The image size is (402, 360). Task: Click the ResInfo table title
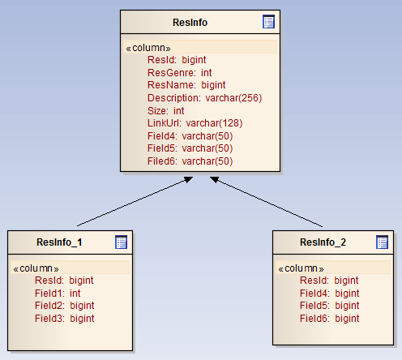pos(190,23)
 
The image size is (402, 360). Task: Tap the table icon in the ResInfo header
pos(268,22)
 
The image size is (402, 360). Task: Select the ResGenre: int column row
pos(180,73)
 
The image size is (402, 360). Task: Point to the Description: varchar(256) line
pos(205,98)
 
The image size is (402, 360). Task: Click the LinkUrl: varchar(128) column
pos(195,123)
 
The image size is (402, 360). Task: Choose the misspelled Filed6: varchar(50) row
pos(190,161)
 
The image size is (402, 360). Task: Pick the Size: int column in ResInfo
pos(166,111)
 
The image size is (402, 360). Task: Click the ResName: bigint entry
pos(186,85)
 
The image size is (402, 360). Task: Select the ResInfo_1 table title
pos(59,242)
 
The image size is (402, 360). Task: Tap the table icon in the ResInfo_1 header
pos(121,242)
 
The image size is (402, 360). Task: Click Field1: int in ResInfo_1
pos(58,294)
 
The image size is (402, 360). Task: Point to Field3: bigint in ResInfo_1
pos(65,319)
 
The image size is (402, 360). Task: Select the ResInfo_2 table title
pos(323,242)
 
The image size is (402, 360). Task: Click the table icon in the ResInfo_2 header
pos(382,242)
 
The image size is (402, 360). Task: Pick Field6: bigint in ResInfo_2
pos(330,319)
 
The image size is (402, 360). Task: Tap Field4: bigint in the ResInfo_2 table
pos(330,294)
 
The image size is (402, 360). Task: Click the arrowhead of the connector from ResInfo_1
pos(189,179)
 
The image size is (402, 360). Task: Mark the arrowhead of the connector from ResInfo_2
pos(215,179)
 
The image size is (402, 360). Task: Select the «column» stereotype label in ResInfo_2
pos(301,268)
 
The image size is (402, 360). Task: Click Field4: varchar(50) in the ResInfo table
pos(190,136)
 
